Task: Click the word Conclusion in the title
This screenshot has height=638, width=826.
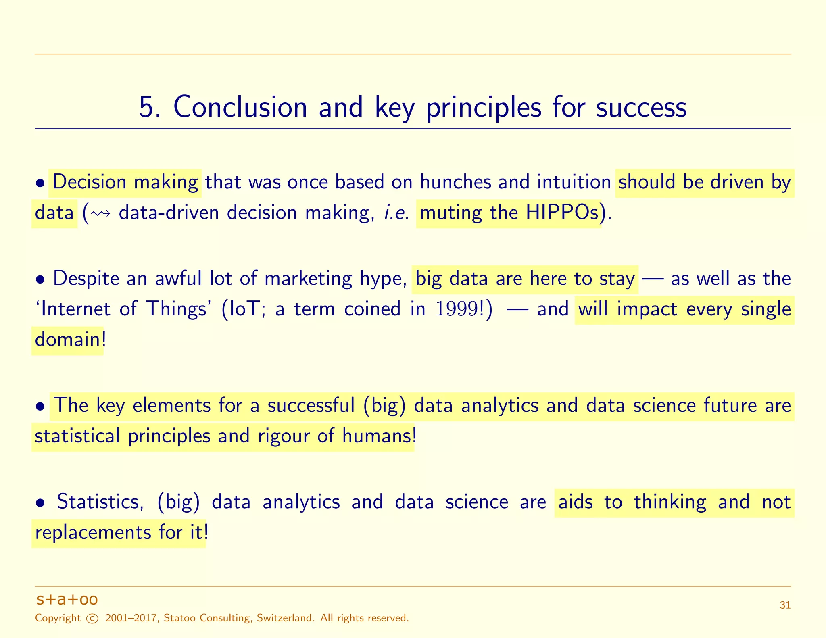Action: [x=240, y=108]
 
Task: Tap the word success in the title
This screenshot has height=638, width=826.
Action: [x=641, y=108]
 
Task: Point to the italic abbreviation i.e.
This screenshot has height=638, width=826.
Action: [x=396, y=213]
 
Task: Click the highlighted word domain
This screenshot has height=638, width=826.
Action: [x=67, y=340]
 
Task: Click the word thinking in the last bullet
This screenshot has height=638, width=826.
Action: [x=670, y=502]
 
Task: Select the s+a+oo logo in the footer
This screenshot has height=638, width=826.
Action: [x=67, y=600]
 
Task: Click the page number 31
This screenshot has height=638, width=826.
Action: [x=785, y=605]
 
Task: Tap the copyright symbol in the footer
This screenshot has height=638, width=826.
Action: [x=92, y=619]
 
